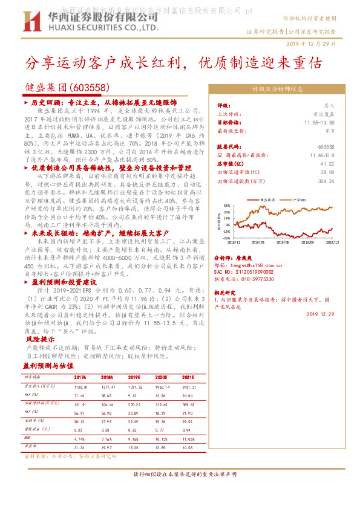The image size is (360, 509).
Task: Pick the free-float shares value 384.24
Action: coord(326,180)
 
